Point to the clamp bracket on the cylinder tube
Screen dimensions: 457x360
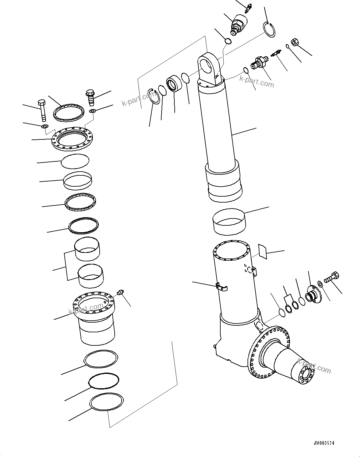(x=222, y=286)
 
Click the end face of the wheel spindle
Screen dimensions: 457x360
(x=307, y=374)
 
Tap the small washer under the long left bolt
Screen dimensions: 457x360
(x=44, y=127)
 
